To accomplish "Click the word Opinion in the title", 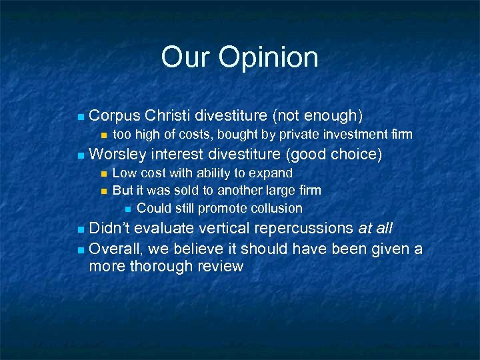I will click(x=269, y=58).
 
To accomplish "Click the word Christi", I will click(x=170, y=116).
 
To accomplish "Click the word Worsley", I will click(x=117, y=155).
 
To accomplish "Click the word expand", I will click(x=271, y=173).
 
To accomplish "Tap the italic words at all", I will click(x=376, y=229).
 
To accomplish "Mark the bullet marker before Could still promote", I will click(x=128, y=209).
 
